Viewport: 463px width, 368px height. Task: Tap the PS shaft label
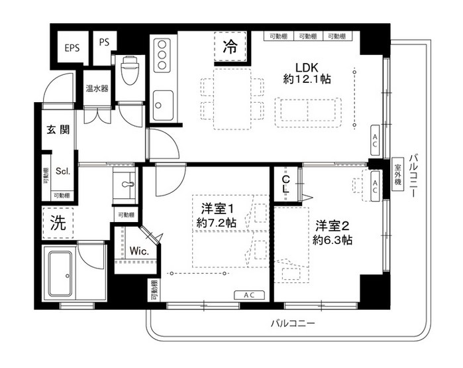(104, 42)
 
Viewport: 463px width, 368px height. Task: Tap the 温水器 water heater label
(97, 88)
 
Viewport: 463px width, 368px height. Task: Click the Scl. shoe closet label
(63, 170)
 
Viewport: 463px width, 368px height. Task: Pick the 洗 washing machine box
(58, 223)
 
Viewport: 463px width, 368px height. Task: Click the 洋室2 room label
(333, 225)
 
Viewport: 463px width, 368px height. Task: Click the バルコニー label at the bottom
(292, 324)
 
